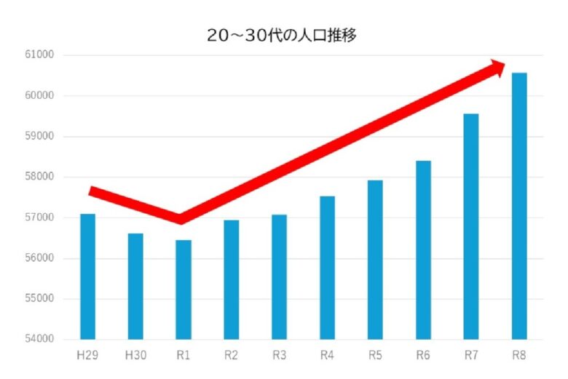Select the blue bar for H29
(x=87, y=276)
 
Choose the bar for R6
(x=423, y=250)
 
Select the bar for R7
(x=471, y=226)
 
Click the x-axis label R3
(x=279, y=356)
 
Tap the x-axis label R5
(x=375, y=356)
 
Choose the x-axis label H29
(x=87, y=356)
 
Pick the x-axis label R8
(x=519, y=356)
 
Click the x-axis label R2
(x=231, y=356)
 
